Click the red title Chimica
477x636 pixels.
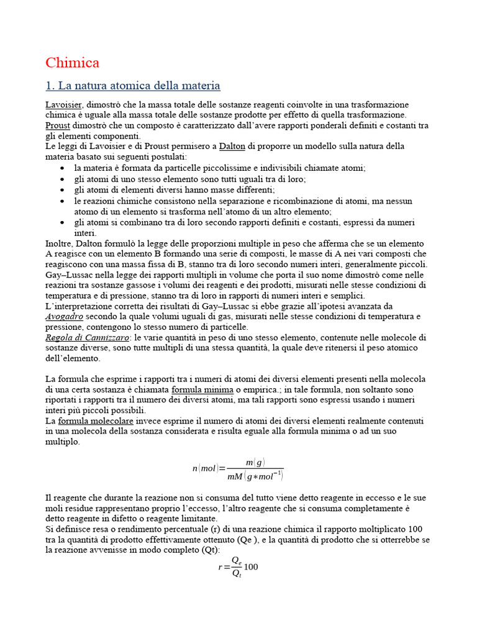pos(72,63)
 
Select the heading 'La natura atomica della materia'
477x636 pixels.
pos(133,85)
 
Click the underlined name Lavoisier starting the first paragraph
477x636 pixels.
pos(65,104)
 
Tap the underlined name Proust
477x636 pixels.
pos(58,125)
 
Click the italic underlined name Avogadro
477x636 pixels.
pos(64,316)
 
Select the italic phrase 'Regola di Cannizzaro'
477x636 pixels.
pos(88,337)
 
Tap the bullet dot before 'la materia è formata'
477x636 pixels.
pos(64,168)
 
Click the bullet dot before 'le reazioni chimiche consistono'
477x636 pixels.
pos(64,201)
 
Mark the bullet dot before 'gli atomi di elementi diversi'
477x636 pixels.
pos(64,190)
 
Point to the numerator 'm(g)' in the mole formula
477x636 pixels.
pos(255,462)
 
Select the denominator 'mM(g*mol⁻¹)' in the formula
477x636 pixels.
pos(255,476)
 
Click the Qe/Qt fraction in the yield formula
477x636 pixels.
pos(236,566)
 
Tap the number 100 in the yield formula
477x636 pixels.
pos(252,566)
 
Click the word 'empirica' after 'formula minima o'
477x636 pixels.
pos(250,389)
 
